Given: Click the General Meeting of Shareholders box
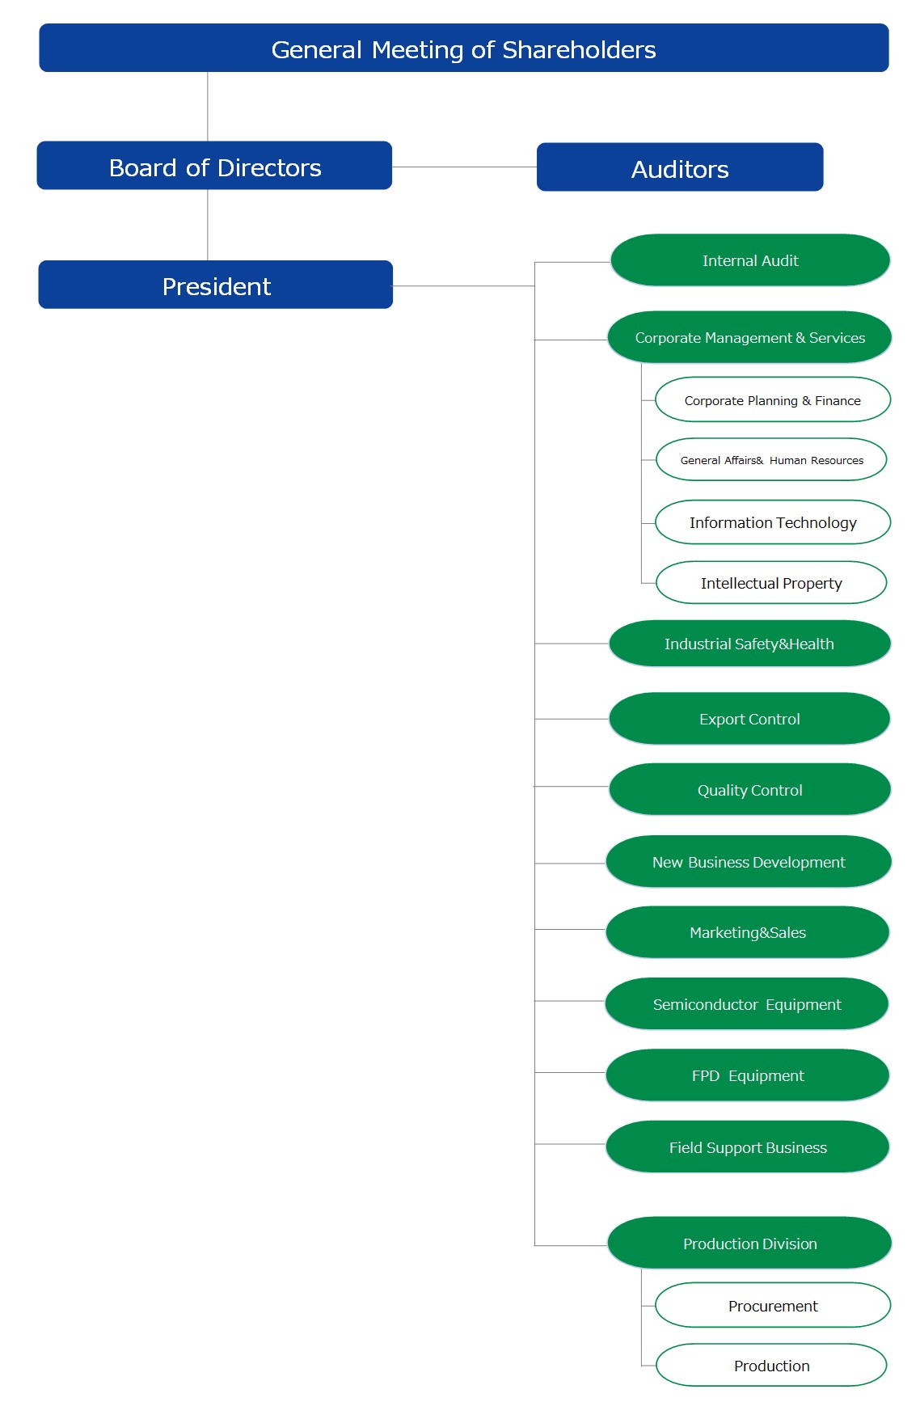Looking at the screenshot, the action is pyautogui.click(x=464, y=48).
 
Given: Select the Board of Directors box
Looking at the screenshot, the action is pyautogui.click(x=214, y=166).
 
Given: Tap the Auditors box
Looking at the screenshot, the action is pyautogui.click(x=680, y=167).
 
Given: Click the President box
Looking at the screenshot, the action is pyautogui.click(x=216, y=285).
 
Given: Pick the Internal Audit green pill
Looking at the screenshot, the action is pyautogui.click(x=750, y=260).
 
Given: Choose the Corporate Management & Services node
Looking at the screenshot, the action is pyautogui.click(x=749, y=337).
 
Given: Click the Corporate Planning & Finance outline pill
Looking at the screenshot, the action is pyautogui.click(x=773, y=399).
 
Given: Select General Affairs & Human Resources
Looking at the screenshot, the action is pyautogui.click(x=771, y=459).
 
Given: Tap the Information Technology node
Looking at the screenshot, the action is pyautogui.click(x=773, y=522).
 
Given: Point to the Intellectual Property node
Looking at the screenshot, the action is pyautogui.click(x=771, y=582).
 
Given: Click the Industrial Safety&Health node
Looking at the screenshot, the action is pyautogui.click(x=749, y=644).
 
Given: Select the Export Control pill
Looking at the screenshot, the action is pyautogui.click(x=749, y=719).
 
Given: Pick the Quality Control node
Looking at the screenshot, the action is pyautogui.click(x=749, y=789).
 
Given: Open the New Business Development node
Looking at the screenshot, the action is pyautogui.click(x=749, y=862).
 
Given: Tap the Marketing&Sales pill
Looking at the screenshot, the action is pyautogui.click(x=748, y=932).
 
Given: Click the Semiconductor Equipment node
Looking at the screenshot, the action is pyautogui.click(x=747, y=1004).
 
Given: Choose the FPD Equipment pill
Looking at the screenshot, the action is pyautogui.click(x=748, y=1075).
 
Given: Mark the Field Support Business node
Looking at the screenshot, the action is pyautogui.click(x=748, y=1147).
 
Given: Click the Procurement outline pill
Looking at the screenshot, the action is pyautogui.click(x=773, y=1305).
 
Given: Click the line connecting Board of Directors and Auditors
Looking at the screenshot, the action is pyautogui.click(x=465, y=167).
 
